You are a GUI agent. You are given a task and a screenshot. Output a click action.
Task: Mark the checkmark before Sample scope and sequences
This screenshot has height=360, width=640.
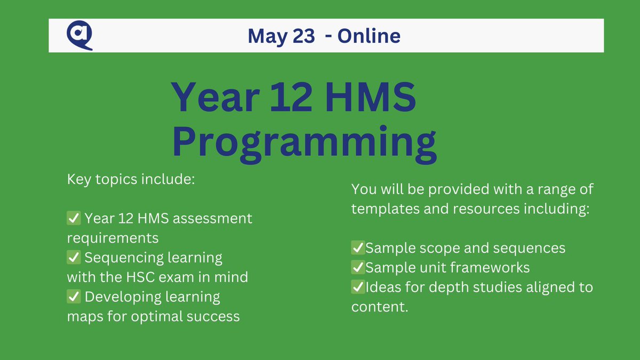(x=358, y=248)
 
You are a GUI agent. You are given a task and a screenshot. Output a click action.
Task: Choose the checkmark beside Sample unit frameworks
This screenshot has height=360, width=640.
(x=358, y=267)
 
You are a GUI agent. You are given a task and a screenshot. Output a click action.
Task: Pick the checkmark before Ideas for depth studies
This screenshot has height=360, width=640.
(x=358, y=287)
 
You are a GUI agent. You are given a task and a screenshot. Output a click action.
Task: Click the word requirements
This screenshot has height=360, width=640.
(x=113, y=238)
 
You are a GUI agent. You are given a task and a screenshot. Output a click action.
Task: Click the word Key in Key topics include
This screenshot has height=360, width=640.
(x=78, y=179)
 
